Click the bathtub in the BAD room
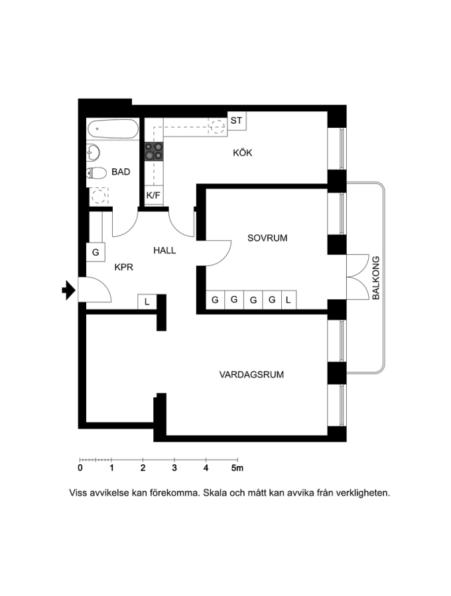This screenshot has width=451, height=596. tap(113, 129)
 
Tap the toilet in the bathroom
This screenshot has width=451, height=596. tap(96, 174)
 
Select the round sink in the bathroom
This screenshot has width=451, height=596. tap(93, 153)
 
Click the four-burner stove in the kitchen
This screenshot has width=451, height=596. tap(154, 150)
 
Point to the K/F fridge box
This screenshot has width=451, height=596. tap(153, 195)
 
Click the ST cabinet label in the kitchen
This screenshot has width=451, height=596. tap(236, 121)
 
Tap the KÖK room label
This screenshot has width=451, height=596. tap(243, 153)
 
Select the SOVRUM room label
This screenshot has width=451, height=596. tap(267, 238)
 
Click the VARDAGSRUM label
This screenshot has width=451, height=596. tap(251, 375)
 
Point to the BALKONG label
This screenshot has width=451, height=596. tap(375, 278)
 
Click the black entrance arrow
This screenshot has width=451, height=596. tap(68, 291)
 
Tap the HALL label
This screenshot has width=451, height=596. tap(164, 250)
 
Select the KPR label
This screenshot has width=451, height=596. tap(123, 268)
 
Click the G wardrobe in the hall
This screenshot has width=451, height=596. tap(96, 252)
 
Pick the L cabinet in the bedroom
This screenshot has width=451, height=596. tap(289, 300)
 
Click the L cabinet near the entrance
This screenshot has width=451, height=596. tap(147, 302)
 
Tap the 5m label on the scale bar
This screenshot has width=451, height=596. tap(237, 468)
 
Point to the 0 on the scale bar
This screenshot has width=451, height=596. tap(80, 468)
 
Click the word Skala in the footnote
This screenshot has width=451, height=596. tap(214, 493)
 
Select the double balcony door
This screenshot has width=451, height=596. tap(357, 277)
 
